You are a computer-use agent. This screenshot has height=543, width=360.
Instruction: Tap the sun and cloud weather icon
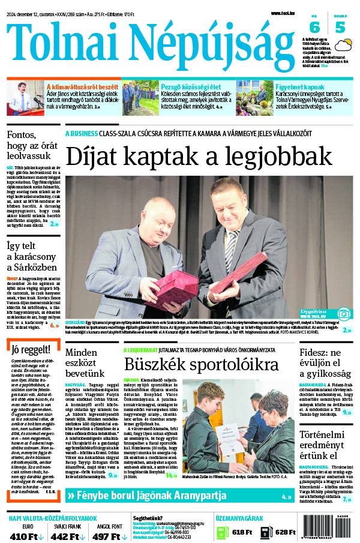pos(344,46)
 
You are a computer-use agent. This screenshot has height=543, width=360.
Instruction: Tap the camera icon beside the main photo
pos(344,313)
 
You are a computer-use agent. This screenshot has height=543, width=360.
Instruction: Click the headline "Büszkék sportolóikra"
pos(201,364)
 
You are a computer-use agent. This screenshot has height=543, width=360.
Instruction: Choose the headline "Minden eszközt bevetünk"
pos(89,362)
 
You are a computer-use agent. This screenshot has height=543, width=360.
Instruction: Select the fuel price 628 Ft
pos(285,532)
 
